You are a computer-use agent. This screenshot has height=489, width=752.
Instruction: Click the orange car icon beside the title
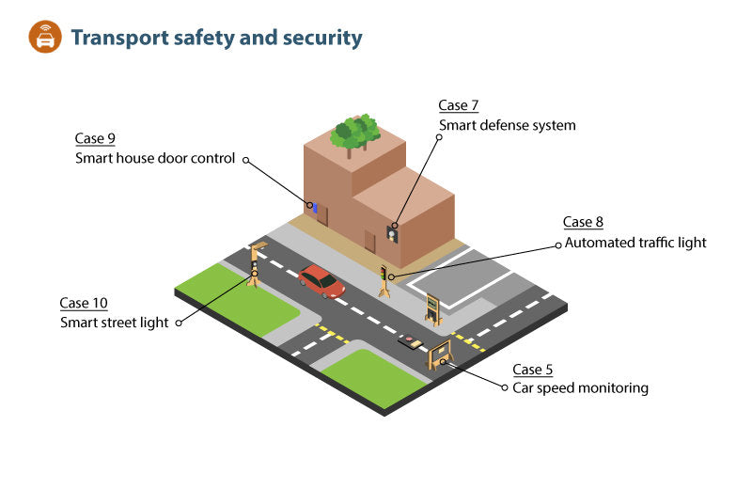coord(44,38)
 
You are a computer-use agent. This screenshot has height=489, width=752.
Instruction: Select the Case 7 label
coord(459,105)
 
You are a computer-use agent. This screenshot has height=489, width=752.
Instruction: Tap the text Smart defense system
coord(508,125)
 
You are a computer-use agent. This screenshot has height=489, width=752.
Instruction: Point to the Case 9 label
coord(95,138)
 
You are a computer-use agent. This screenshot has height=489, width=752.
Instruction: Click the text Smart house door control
coord(155,158)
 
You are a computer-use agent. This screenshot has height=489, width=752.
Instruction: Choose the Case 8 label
coord(583,222)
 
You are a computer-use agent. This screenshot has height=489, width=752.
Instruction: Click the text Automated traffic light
coord(634,243)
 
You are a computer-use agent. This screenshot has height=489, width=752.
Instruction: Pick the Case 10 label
coord(84,303)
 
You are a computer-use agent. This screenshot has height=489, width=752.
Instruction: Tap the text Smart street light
coord(115,323)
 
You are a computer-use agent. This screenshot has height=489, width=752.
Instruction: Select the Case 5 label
coord(532,368)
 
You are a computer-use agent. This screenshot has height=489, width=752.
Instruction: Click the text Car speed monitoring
coord(580,387)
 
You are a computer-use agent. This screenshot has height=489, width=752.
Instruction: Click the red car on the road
coord(321,280)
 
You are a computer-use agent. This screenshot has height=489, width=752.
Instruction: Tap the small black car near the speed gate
coord(410,342)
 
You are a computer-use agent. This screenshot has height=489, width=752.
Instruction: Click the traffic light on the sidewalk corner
coord(384,279)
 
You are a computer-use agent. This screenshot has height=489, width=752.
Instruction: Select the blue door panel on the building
coord(315,207)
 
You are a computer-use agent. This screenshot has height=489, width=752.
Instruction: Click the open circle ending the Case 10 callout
coord(180,322)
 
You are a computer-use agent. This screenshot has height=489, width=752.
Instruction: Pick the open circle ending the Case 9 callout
coord(246,160)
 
